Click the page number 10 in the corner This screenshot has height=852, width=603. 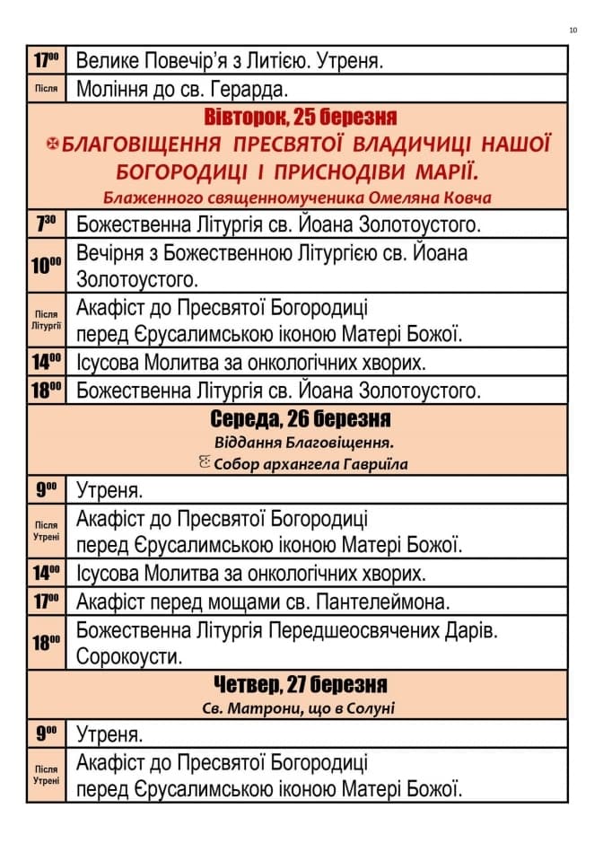572,31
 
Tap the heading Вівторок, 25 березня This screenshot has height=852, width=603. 301,118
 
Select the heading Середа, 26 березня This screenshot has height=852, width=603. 301,419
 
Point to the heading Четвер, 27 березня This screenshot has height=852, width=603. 301,685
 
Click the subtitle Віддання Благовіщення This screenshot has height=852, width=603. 305,442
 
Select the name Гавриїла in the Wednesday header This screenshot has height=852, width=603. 371,464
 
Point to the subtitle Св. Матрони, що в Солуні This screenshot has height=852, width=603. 299,708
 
